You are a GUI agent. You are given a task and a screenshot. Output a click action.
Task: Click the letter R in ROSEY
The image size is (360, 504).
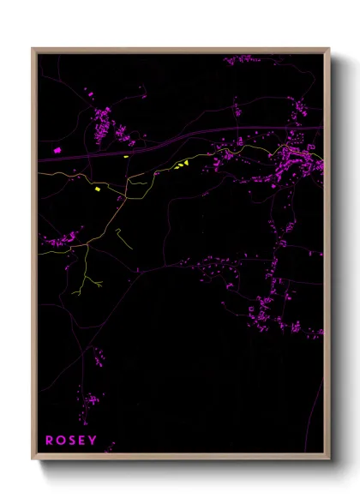pos(50,441)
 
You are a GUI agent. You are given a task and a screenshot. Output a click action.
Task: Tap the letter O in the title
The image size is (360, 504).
pos(61,441)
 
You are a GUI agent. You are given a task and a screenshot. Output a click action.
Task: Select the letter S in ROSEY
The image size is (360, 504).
pos(72,441)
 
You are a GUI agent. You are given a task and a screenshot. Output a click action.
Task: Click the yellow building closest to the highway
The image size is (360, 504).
pos(126,156)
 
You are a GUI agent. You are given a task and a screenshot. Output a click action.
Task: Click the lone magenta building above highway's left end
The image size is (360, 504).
pos(57,150)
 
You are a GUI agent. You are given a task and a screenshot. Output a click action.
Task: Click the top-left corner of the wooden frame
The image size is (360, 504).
pos(33,49)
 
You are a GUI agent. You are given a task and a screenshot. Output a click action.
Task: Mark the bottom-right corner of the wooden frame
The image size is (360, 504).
pos(329,459)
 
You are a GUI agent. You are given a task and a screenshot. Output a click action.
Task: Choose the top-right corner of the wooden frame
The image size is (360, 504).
pos(329,49)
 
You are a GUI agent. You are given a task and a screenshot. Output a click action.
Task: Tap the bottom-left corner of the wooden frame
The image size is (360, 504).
pos(33,459)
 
